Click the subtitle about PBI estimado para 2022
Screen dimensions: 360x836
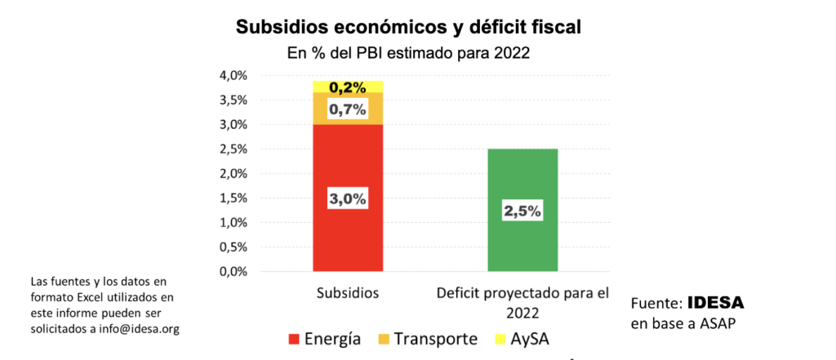(408, 54)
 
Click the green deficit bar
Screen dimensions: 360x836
(522, 245)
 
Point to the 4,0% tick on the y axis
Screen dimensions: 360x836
(233, 76)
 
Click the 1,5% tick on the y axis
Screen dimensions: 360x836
(233, 198)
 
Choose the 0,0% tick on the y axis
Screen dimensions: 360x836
(233, 272)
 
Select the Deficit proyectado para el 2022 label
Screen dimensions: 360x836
(522, 301)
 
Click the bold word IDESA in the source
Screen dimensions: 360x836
(715, 303)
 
